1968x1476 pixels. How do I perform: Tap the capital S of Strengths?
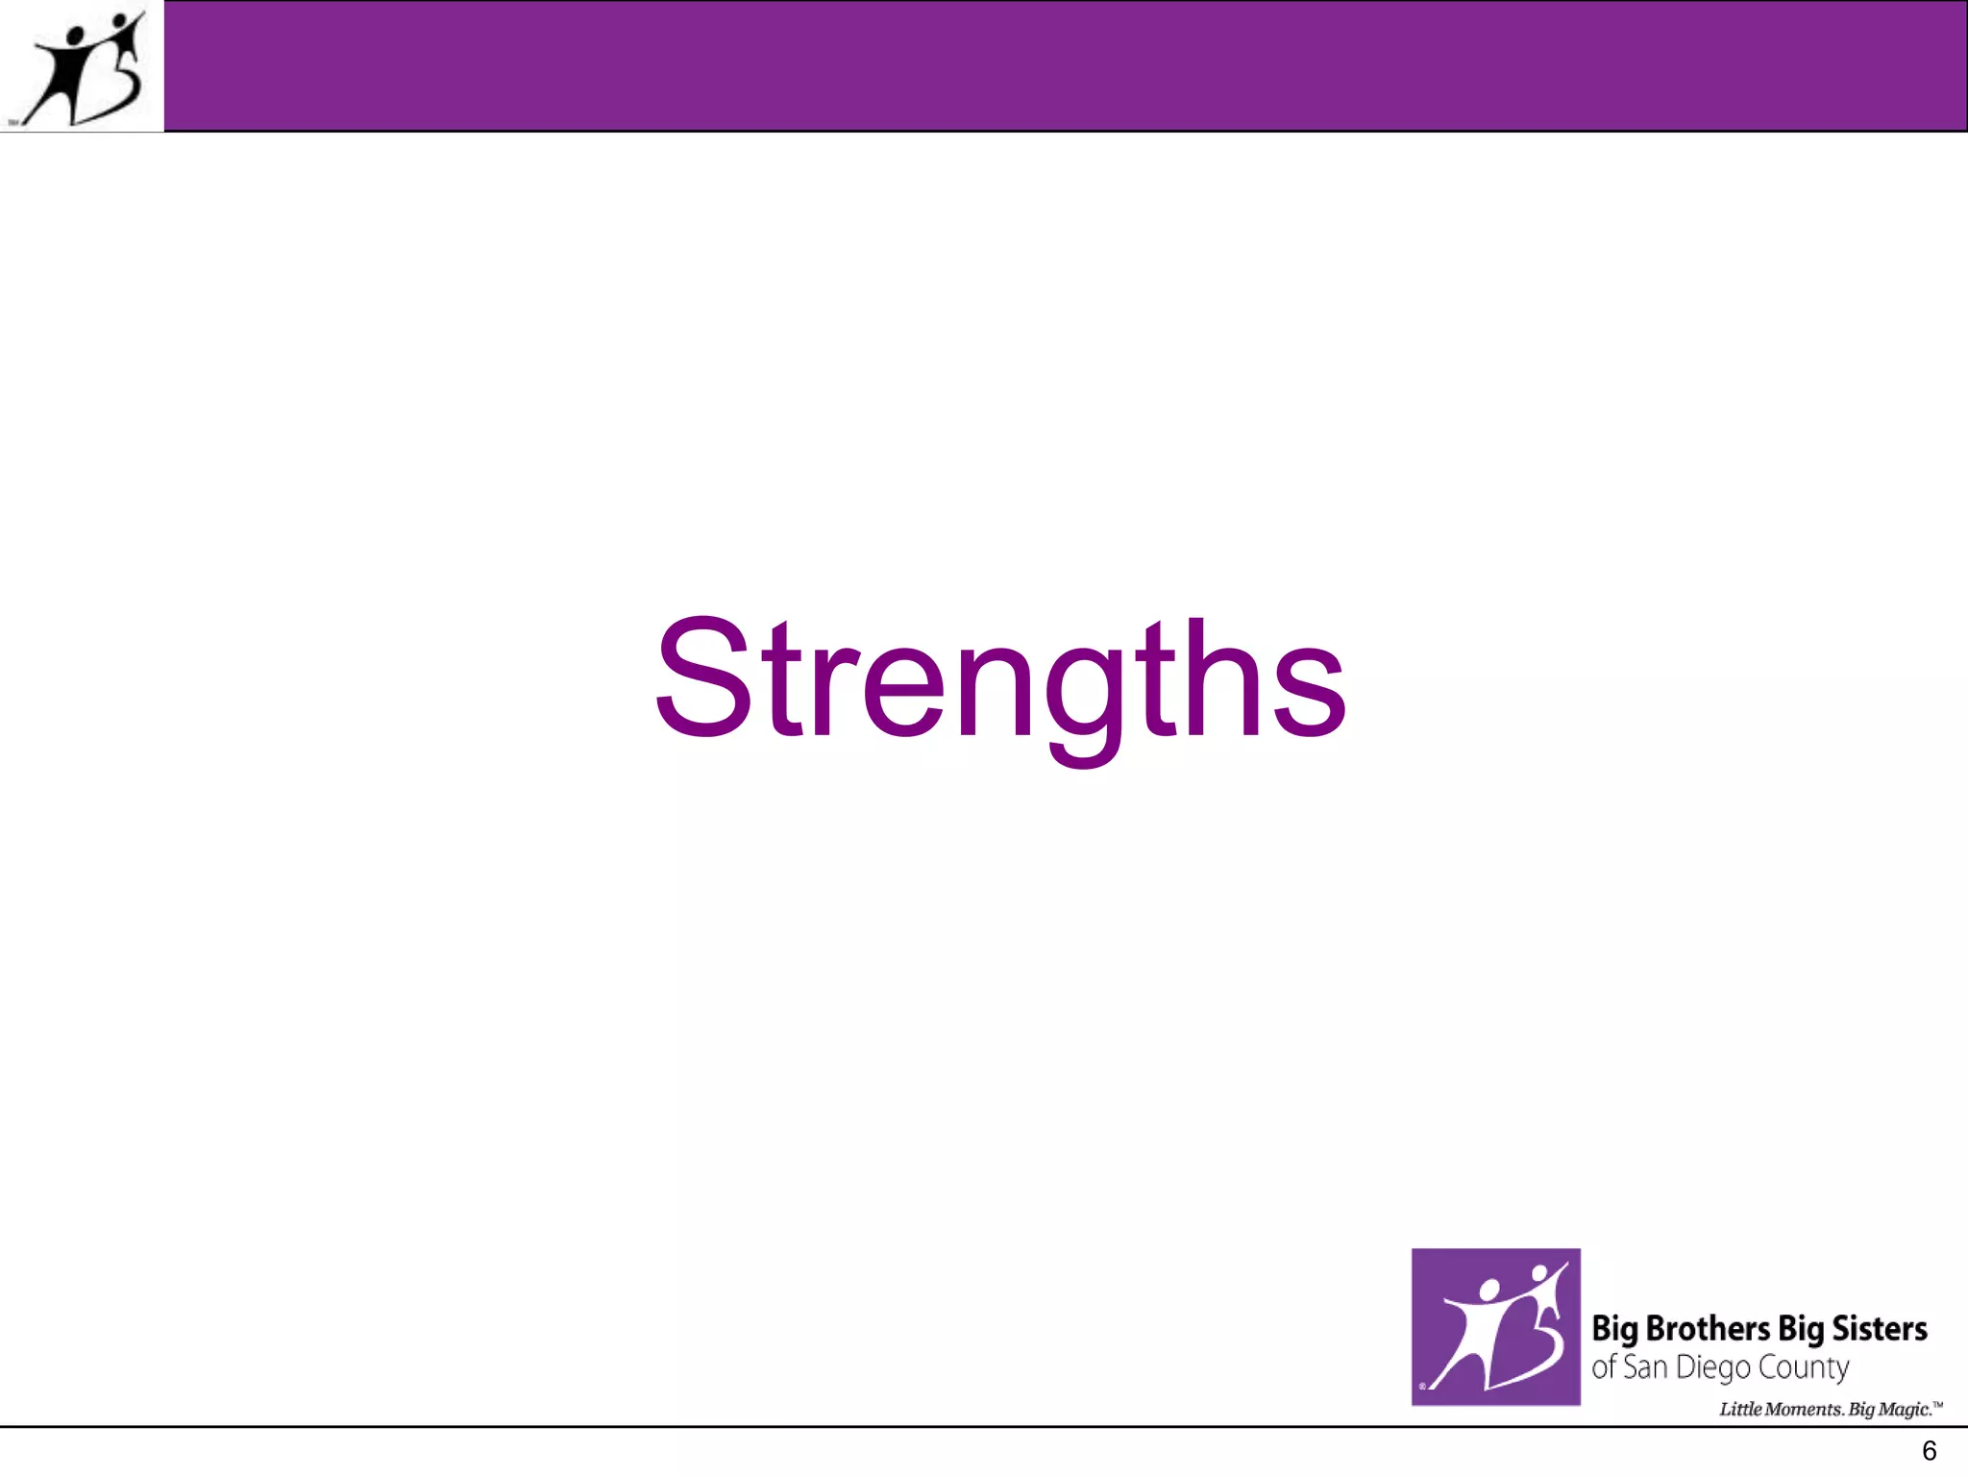tap(702, 678)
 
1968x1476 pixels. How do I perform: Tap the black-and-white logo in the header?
tap(83, 67)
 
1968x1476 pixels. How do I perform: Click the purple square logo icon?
tap(1495, 1326)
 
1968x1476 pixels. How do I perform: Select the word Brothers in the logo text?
tap(1708, 1329)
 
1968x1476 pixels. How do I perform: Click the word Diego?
tap(1712, 1368)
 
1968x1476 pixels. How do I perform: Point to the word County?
tap(1803, 1368)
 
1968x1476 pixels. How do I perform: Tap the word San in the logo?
tap(1644, 1367)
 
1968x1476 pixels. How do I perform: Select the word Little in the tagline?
tap(1740, 1410)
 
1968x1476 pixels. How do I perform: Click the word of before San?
tap(1603, 1367)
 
